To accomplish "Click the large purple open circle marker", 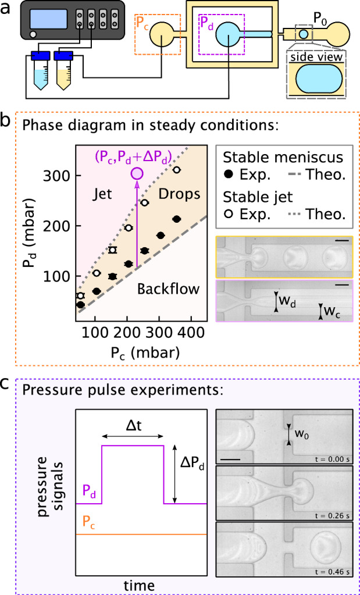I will tap(137, 173).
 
